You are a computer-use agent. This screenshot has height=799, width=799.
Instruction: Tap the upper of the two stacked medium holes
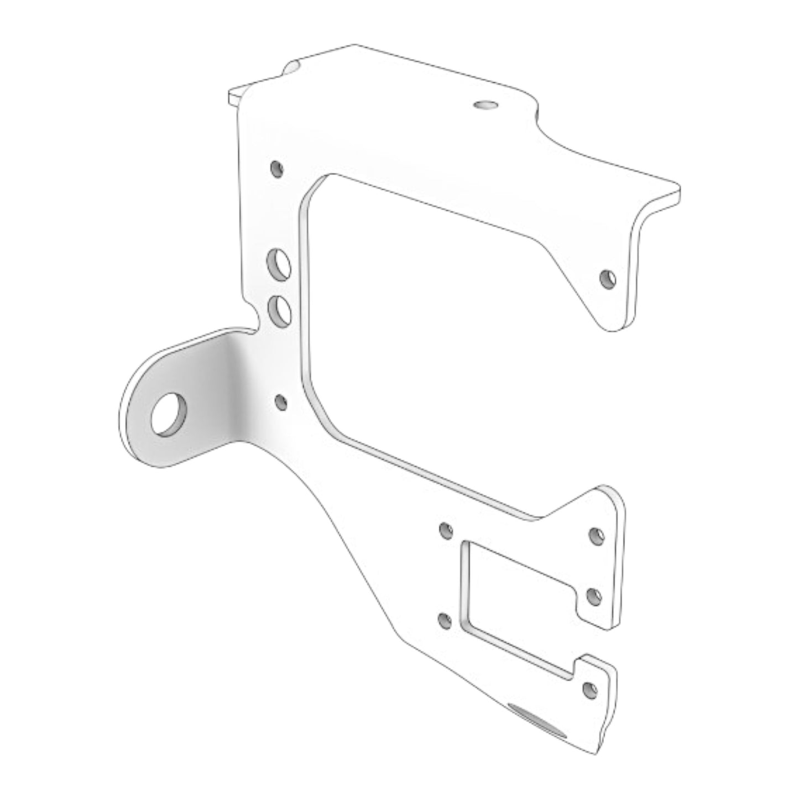279,264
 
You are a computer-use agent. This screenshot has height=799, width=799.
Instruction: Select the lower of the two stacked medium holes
279,310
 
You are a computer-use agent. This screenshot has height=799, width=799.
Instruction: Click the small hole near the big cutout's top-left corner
276,168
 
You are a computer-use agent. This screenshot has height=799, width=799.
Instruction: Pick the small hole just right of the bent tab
281,402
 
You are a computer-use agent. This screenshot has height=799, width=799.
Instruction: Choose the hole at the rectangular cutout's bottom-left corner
444,620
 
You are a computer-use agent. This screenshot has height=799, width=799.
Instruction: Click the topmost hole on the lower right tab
597,536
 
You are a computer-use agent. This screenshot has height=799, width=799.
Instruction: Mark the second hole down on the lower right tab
593,596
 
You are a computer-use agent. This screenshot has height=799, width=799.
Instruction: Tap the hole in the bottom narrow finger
590,690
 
